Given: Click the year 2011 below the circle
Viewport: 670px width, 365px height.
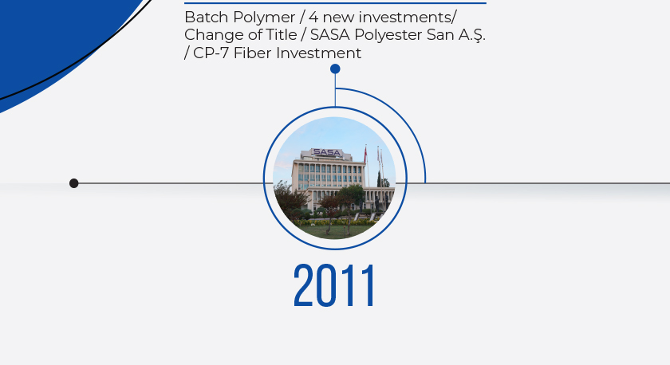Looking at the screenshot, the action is [x=334, y=285].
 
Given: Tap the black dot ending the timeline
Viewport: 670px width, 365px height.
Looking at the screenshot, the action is [x=74, y=183].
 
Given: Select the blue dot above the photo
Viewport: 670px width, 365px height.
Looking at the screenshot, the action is [x=335, y=69].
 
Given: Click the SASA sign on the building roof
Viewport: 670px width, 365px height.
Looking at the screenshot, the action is [x=326, y=152].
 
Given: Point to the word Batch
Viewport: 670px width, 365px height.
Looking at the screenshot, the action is [x=207, y=18].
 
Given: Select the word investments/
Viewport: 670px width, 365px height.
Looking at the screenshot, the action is [x=408, y=18].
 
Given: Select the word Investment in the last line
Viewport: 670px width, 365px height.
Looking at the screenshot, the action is [x=319, y=53].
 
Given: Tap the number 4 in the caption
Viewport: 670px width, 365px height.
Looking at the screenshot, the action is [x=313, y=18].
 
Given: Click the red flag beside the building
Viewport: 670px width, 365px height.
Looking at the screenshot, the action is [x=365, y=155].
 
